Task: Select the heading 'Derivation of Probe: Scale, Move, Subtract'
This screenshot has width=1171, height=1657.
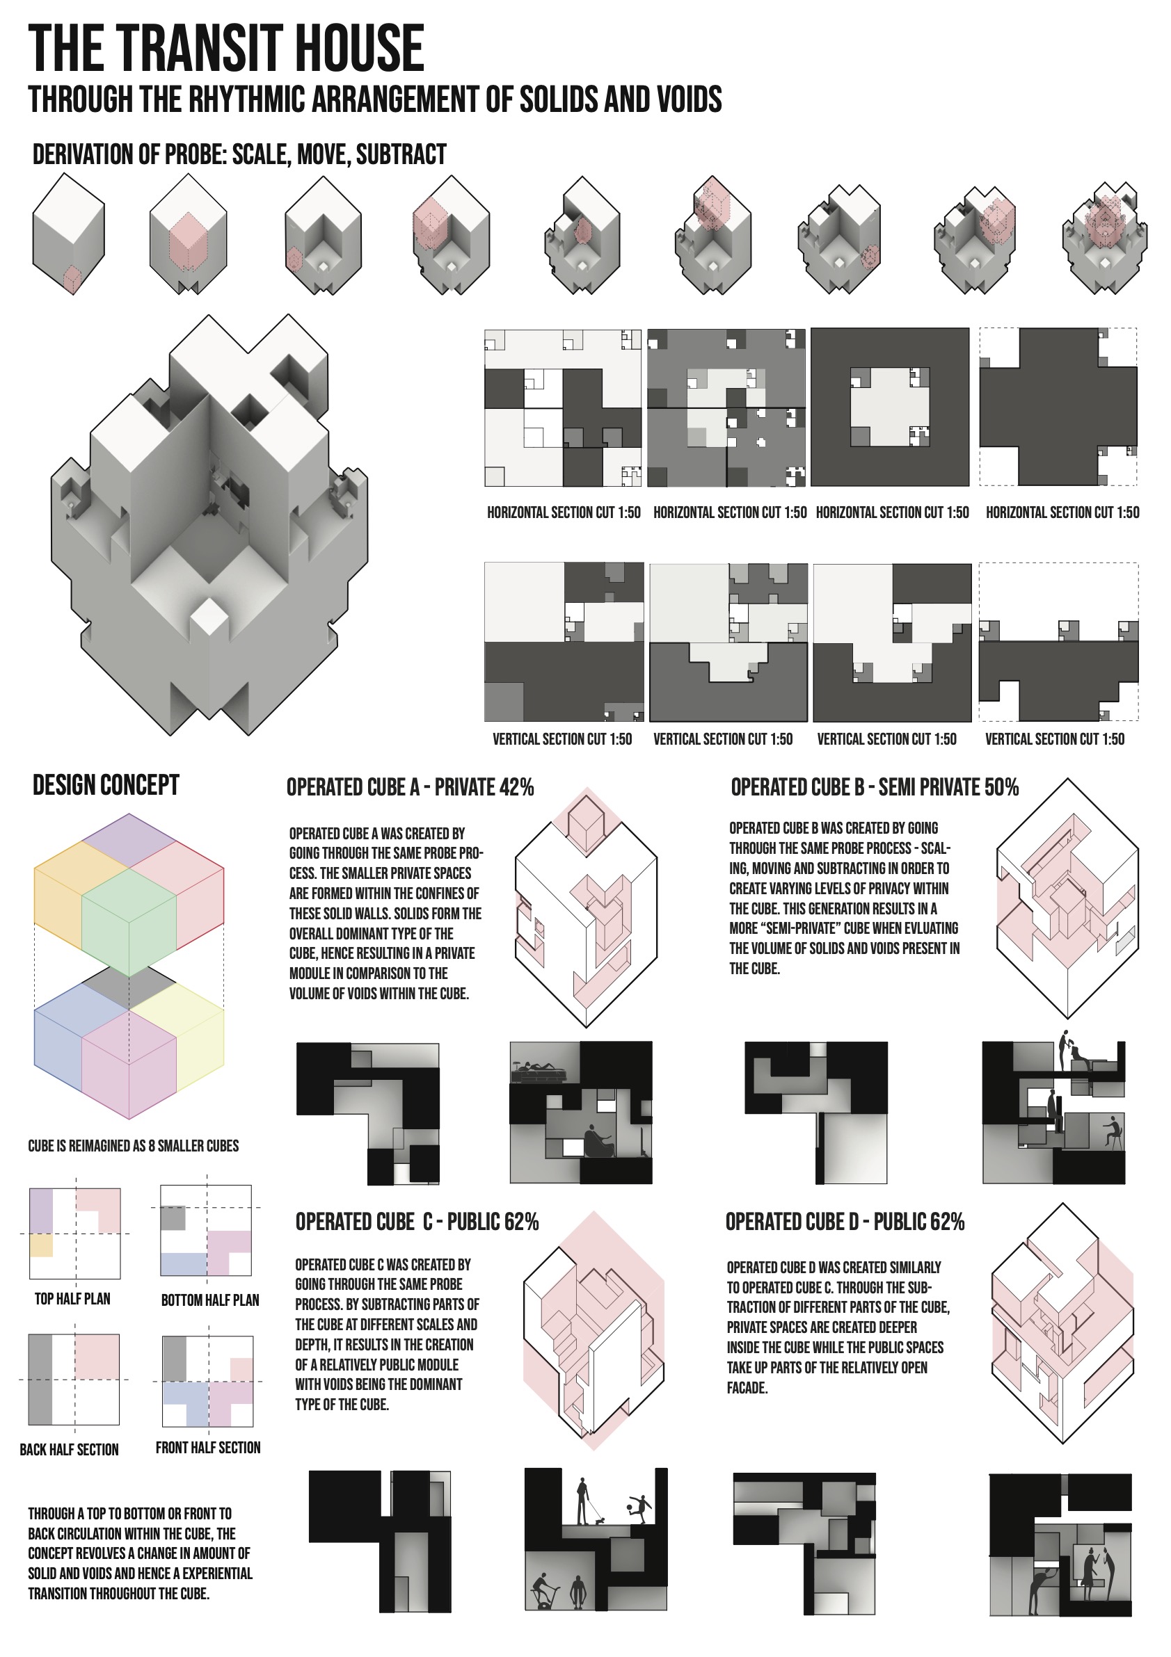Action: [239, 154]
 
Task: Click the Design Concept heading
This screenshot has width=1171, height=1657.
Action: [106, 784]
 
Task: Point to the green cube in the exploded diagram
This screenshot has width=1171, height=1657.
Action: [129, 922]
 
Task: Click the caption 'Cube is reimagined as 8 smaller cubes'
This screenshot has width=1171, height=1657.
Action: [134, 1145]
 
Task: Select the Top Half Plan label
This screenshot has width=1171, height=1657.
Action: [72, 1298]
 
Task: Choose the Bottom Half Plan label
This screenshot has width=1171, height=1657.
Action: [210, 1300]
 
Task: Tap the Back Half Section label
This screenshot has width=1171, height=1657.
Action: [70, 1449]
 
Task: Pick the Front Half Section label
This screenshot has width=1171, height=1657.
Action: [208, 1447]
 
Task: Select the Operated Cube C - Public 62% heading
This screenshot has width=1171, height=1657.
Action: [417, 1222]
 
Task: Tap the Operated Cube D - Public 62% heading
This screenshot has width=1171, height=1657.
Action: [845, 1222]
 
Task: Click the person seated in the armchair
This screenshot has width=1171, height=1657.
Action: [598, 1141]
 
